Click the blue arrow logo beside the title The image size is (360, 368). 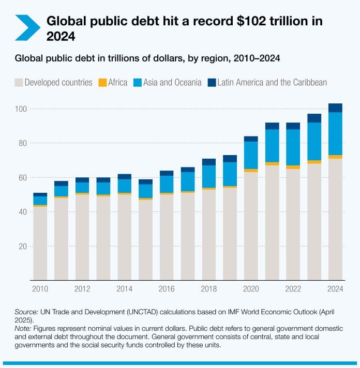(x=27, y=27)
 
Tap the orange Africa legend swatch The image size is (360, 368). (x=102, y=82)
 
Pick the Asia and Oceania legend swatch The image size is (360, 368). (x=138, y=82)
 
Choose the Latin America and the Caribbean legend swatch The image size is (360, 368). (x=211, y=82)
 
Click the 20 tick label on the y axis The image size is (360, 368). (x=22, y=246)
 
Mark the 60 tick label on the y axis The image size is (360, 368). (x=22, y=177)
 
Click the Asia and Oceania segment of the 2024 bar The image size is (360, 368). (x=335, y=133)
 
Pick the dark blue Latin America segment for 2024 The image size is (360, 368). (x=335, y=108)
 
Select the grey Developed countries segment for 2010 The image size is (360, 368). (x=40, y=243)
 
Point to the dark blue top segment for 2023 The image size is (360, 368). (x=314, y=118)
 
